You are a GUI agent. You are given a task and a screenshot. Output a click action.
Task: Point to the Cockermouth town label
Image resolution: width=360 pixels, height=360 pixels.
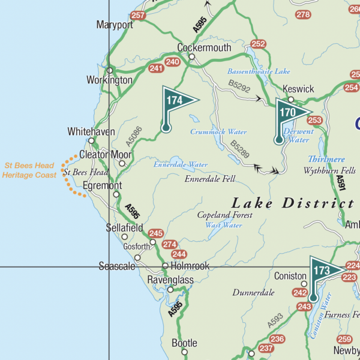coord(204,47)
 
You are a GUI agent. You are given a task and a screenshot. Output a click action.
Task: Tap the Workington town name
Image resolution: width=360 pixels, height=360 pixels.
coord(109,80)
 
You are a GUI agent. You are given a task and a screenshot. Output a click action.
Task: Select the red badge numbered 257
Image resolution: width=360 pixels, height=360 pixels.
coord(138,16)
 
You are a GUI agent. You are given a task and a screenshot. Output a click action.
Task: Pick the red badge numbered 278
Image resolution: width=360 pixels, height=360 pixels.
coord(304,14)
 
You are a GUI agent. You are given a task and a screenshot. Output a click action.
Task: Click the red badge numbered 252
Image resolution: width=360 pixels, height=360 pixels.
coord(259,44)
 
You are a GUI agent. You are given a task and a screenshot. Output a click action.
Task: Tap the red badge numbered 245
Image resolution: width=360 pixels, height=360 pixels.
coord(156,233)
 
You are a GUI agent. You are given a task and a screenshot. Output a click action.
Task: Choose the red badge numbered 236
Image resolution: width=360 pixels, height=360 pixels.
coord(277,339)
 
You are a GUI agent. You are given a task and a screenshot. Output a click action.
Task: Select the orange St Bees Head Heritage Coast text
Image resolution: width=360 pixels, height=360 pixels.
coord(29,169)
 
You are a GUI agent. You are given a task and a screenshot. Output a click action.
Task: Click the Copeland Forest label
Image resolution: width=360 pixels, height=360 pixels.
coord(225,215)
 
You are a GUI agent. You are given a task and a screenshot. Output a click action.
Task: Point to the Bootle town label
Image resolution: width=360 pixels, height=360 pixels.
coord(184,343)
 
